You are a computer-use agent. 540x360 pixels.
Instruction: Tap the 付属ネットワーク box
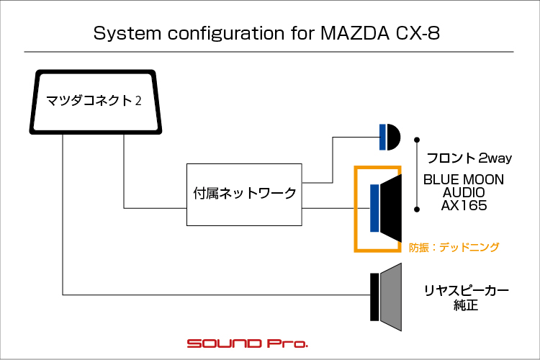click(x=245, y=194)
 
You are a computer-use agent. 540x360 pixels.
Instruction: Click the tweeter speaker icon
click(x=390, y=136)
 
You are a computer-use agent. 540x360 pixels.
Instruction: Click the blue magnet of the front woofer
click(x=374, y=209)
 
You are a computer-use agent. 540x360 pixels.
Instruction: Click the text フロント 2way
click(x=469, y=158)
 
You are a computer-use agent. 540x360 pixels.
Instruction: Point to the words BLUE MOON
click(x=464, y=180)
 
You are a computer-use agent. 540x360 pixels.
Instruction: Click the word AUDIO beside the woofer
click(x=464, y=192)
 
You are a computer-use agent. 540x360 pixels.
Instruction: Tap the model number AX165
click(x=464, y=205)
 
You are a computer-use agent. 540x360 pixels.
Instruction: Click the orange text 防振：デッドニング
click(x=454, y=246)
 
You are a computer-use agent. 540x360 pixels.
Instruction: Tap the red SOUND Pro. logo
click(x=247, y=343)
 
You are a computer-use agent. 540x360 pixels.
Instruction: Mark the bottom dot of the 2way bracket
click(x=416, y=210)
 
